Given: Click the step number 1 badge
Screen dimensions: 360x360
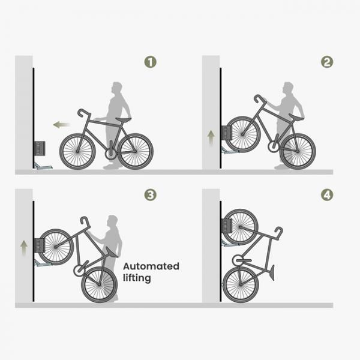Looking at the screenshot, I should click(x=150, y=62).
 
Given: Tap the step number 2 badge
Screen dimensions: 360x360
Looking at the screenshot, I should click(x=326, y=62).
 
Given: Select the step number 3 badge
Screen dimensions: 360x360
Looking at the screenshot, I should click(x=150, y=195).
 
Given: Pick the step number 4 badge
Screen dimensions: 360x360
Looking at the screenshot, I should click(x=326, y=195).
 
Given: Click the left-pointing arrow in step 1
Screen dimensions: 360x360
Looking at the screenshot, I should click(x=61, y=125).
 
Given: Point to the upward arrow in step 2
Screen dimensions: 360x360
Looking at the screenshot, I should click(x=211, y=136).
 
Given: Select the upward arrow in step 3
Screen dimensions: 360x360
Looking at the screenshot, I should click(x=24, y=246).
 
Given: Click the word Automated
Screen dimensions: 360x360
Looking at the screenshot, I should click(x=151, y=266).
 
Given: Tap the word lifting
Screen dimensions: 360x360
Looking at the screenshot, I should click(x=137, y=278).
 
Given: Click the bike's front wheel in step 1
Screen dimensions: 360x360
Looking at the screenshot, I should click(x=77, y=151).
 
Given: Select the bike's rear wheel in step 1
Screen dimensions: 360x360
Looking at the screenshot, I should click(x=135, y=151).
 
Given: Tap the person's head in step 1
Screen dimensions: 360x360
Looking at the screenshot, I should click(x=116, y=88).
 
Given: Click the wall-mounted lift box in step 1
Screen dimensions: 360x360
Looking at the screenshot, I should click(x=40, y=148).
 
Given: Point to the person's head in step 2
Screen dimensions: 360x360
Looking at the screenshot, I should click(x=289, y=88).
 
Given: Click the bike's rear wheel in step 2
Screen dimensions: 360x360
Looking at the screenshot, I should click(x=298, y=151).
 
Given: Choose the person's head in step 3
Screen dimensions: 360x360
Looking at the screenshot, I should click(x=112, y=221).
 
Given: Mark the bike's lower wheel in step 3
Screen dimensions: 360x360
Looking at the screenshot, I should click(x=99, y=284).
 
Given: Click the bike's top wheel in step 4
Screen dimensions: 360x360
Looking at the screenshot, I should click(x=240, y=226).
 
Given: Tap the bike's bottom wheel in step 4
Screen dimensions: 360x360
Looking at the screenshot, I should click(x=241, y=284).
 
